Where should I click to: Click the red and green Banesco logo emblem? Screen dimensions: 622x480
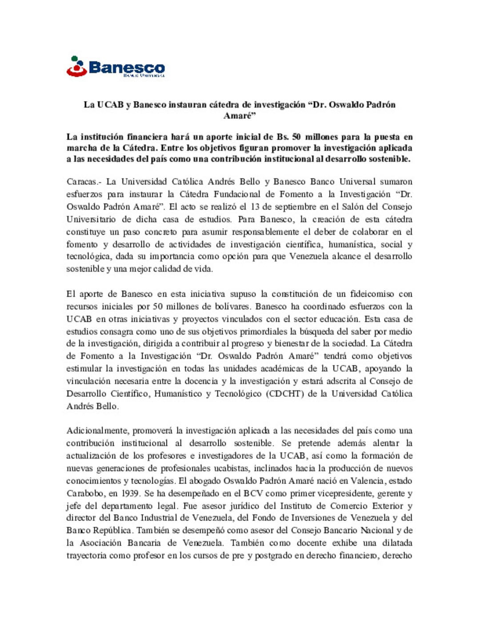(76, 66)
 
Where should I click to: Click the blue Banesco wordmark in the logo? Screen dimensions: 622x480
(127, 67)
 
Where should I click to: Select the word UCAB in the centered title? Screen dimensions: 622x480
(111, 105)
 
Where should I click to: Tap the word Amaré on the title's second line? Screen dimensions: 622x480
(238, 116)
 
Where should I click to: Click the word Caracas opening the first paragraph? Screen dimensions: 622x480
(82, 182)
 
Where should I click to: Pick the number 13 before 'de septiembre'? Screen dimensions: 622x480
(255, 206)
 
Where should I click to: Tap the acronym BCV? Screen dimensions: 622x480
(253, 493)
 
